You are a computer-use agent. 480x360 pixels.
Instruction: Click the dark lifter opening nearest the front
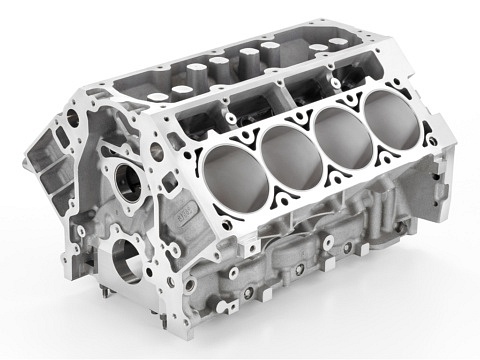pos(195,126)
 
